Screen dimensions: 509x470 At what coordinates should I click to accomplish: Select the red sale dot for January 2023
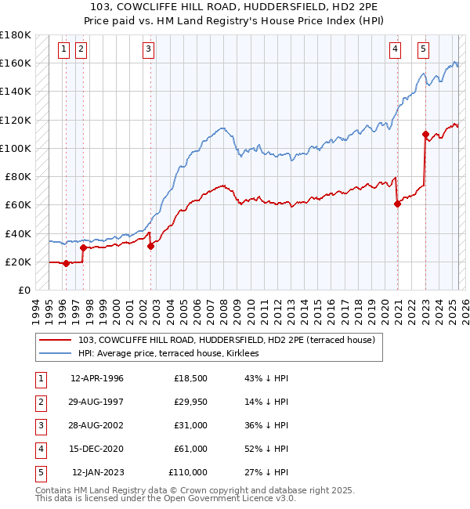coord(425,134)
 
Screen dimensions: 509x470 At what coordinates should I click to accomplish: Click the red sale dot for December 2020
coord(398,204)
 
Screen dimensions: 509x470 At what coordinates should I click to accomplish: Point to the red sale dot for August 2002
coord(150,246)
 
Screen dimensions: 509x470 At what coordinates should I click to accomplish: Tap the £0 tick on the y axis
coord(23,290)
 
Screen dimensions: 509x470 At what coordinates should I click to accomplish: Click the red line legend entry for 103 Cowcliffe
coord(227,340)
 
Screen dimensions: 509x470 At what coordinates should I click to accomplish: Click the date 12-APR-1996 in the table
coord(97,379)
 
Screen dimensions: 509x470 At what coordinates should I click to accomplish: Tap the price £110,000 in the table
coord(188,473)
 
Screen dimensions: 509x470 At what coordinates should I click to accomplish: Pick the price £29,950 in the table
coord(191,403)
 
